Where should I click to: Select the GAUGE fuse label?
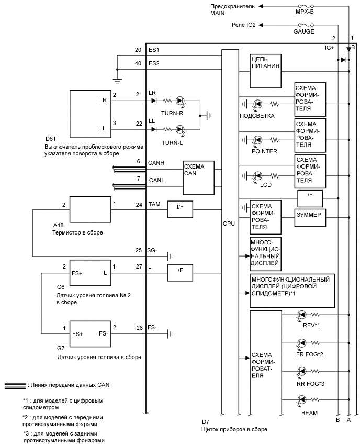point(304,31)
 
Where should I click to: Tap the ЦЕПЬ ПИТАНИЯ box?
point(266,71)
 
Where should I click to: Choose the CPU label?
point(229,224)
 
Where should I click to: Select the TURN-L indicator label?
point(172,142)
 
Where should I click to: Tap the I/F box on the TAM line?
point(179,209)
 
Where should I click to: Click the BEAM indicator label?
point(309,413)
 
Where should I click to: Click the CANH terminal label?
point(156,163)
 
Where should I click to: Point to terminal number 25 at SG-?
point(138,250)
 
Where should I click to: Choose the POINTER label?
point(264,151)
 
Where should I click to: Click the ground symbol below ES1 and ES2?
point(117,80)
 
